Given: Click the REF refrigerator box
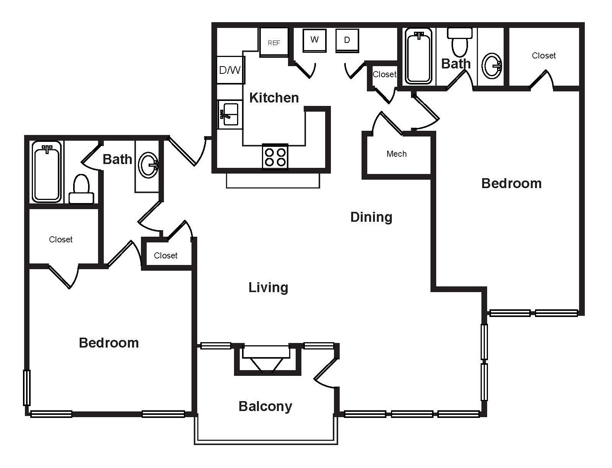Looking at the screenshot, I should pos(274,42).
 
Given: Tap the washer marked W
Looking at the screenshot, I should pos(314,40).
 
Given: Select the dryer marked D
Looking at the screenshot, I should pos(347,40).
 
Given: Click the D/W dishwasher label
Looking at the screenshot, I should pos(230,70).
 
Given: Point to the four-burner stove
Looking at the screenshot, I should pos(275,157).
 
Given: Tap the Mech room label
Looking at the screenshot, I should pos(396,154).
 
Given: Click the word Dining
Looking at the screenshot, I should pos(371,217).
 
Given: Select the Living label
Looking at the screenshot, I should pos(268,287).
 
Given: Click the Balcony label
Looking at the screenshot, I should pos(265,406).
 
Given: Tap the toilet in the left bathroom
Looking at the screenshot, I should pos(81,190).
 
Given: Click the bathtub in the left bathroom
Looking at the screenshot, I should pos(47,172).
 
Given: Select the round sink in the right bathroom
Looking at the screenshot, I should pos(491,66).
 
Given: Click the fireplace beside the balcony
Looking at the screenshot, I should pos(267,359).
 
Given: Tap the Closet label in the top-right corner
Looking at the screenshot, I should pos(543,56).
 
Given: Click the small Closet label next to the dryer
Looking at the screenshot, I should pos(384,74).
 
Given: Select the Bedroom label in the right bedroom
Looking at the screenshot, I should pos(511,184).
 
